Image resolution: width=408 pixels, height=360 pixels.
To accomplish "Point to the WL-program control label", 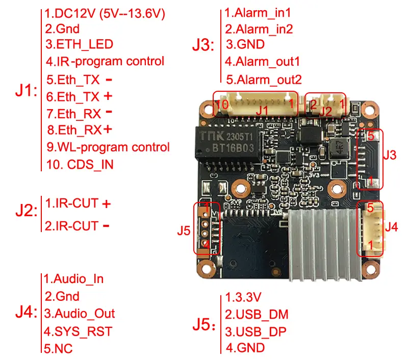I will [108, 147].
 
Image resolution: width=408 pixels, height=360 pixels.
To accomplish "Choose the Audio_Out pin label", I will [79, 314].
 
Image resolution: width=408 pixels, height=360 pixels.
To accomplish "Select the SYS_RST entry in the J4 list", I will [78, 331].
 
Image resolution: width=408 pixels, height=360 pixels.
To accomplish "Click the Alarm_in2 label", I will [259, 29].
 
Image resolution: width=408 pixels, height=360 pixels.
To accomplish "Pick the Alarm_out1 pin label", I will [262, 62].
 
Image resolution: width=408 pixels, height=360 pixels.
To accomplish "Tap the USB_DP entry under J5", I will [256, 331].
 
